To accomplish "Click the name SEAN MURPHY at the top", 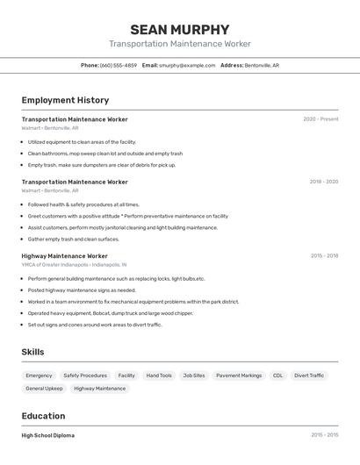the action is pos(180,29).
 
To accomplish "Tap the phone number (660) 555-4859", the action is pos(119,65).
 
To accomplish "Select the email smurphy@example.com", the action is pos(187,65).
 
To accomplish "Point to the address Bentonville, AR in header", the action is pos(262,65).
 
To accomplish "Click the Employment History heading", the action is pos(65,100).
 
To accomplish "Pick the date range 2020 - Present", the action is pos(320,119).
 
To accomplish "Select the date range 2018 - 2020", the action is pos(323,182).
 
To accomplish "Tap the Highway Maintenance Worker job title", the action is pos(65,256).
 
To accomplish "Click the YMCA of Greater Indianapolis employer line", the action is pos(74,264).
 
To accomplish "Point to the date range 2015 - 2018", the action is pos(324,256).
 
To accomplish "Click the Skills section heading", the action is pos(33,352).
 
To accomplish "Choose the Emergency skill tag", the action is pos(39,376).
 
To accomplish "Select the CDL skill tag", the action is pos(277,376).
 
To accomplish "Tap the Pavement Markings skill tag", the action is pos(239,376).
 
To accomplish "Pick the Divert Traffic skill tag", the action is pos(309,376).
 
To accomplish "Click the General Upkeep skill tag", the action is pos(44,389).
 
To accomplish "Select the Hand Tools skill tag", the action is pos(159,376).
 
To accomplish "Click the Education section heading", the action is pos(43,416).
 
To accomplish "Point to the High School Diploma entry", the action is pos(48,435).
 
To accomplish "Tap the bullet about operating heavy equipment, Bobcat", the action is pos(110,313).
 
